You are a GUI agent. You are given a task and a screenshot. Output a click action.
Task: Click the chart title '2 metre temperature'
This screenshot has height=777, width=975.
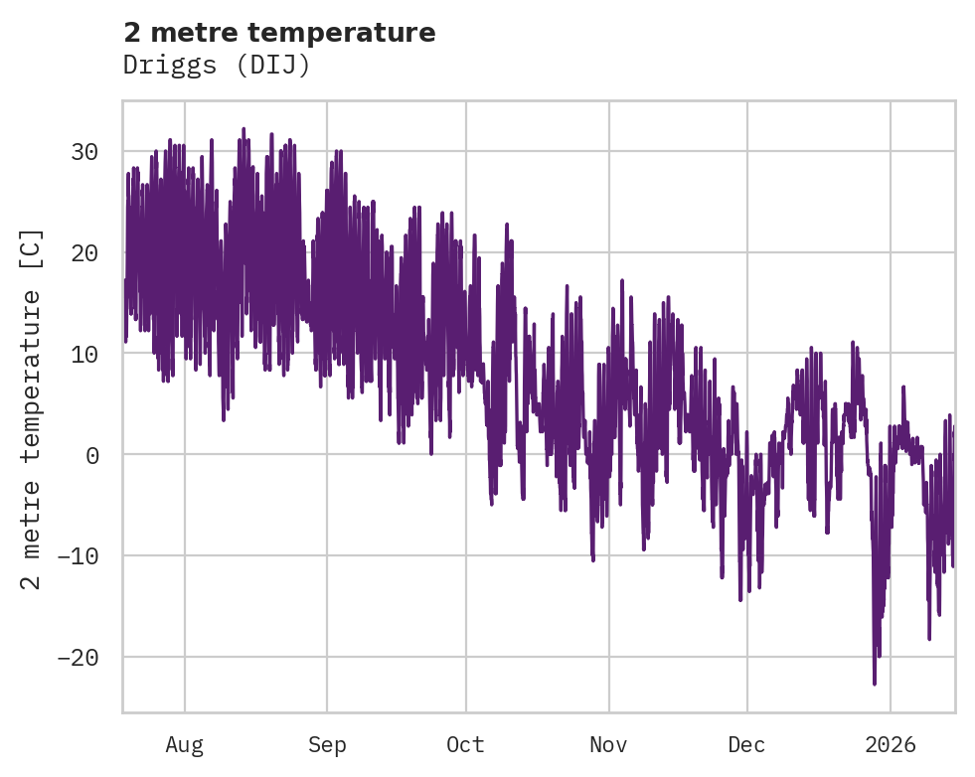pyautogui.click(x=279, y=33)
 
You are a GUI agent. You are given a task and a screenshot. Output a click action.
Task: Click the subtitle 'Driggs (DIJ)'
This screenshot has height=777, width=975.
pyautogui.click(x=217, y=65)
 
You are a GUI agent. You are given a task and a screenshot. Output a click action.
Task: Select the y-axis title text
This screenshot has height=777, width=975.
pyautogui.click(x=32, y=407)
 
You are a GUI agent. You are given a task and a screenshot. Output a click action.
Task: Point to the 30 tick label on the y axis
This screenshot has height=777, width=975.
pyautogui.click(x=83, y=152)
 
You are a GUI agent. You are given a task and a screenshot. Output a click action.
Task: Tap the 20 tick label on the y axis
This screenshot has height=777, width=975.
pyautogui.click(x=83, y=253)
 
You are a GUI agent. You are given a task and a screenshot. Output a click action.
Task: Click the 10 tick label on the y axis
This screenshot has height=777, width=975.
pyautogui.click(x=83, y=355)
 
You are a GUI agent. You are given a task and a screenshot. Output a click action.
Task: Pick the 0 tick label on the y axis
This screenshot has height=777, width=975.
pyautogui.click(x=92, y=455)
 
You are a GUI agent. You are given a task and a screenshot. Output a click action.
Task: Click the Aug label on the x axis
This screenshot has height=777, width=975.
pyautogui.click(x=184, y=744)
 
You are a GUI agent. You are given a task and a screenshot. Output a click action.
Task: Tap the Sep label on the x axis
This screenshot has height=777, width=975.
pyautogui.click(x=327, y=744)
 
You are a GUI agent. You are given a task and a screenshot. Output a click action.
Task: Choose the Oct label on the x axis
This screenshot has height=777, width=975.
pyautogui.click(x=465, y=744)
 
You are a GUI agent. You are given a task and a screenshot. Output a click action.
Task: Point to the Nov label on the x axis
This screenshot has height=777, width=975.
pyautogui.click(x=608, y=744)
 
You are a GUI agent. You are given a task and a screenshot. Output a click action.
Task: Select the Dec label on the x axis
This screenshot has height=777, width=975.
pyautogui.click(x=746, y=744)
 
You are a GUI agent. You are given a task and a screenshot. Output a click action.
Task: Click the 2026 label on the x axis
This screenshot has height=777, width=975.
pyautogui.click(x=890, y=744)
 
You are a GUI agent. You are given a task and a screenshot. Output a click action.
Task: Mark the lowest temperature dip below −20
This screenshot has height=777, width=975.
pyautogui.click(x=875, y=684)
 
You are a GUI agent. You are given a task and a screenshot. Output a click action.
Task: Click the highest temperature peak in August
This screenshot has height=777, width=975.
pyautogui.click(x=244, y=128)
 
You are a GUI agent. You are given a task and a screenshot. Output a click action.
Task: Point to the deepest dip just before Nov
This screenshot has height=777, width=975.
pyautogui.click(x=593, y=560)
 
